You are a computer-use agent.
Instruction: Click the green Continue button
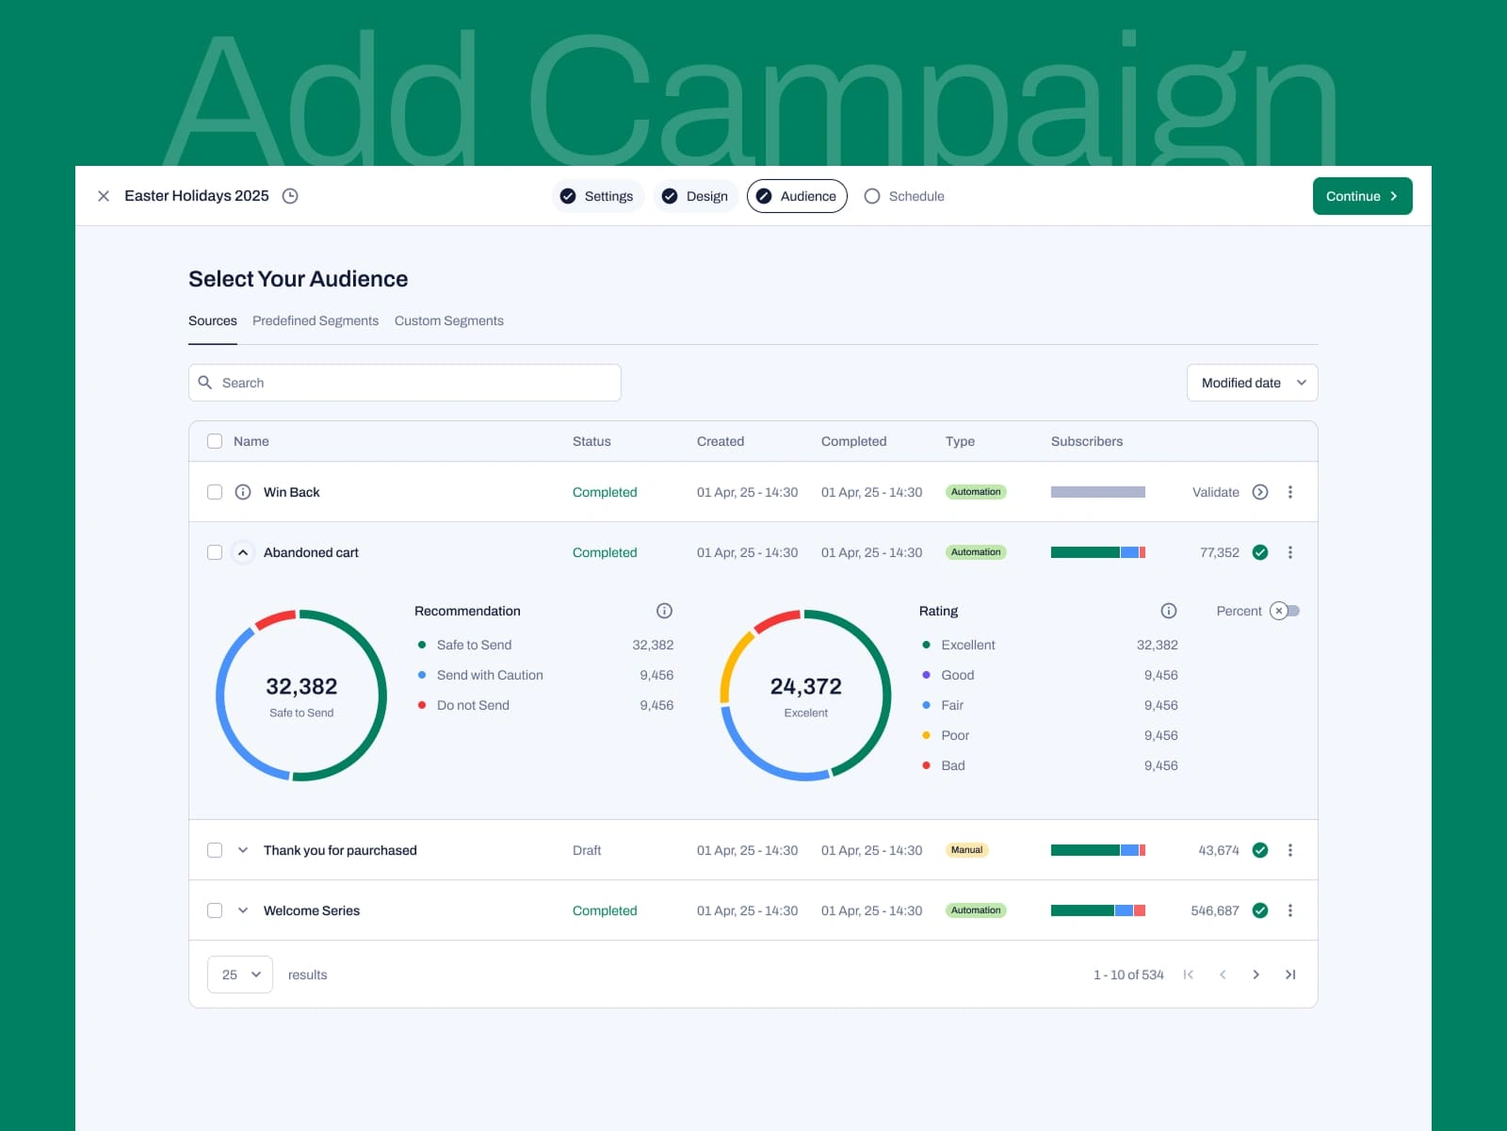pyautogui.click(x=1362, y=196)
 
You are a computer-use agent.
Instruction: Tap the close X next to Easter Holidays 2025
pyautogui.click(x=104, y=196)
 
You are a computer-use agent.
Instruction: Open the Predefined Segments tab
pyautogui.click(x=316, y=320)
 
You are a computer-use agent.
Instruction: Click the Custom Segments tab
pyautogui.click(x=448, y=320)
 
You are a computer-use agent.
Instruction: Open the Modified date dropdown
pyautogui.click(x=1252, y=383)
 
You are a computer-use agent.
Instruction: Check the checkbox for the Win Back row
pyautogui.click(x=215, y=492)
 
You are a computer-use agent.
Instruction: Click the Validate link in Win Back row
pyautogui.click(x=1216, y=492)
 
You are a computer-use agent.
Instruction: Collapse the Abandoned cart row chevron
pyautogui.click(x=243, y=552)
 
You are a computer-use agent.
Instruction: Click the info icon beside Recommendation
pyautogui.click(x=664, y=611)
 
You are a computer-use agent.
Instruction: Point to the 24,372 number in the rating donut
pyautogui.click(x=805, y=686)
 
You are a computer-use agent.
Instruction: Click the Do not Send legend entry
pyautogui.click(x=473, y=705)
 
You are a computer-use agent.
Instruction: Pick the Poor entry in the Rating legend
pyautogui.click(x=955, y=735)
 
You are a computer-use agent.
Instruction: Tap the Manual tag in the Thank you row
pyautogui.click(x=966, y=850)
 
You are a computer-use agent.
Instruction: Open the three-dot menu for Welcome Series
pyautogui.click(x=1290, y=910)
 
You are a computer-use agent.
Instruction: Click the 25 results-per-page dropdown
pyautogui.click(x=240, y=975)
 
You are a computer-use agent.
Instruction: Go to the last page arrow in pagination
pyautogui.click(x=1290, y=975)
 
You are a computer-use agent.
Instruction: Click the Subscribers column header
pyautogui.click(x=1087, y=441)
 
